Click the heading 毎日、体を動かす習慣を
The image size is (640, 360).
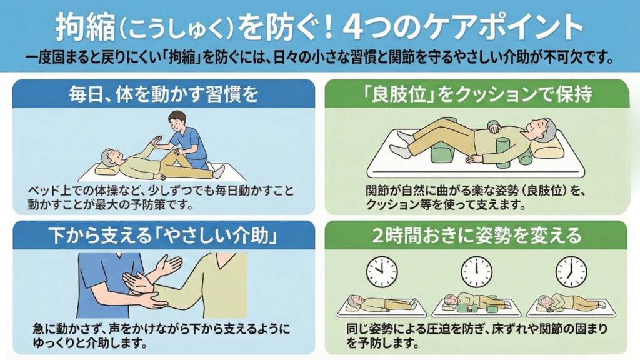164,94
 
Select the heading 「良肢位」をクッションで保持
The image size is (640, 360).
477,94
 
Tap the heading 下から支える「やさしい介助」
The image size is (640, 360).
164,236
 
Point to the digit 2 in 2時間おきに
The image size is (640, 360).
378,236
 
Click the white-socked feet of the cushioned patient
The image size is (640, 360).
401,145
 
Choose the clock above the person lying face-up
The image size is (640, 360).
382,272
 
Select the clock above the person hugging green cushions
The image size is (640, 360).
476,272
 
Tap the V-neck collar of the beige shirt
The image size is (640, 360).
223,260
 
